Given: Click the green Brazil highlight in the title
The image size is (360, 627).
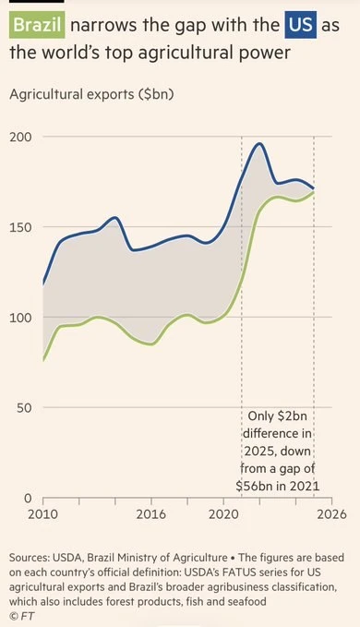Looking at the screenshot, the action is point(37,25).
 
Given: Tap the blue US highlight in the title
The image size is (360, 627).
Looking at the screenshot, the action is point(301,25).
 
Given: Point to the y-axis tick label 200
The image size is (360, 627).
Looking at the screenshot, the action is point(20,137).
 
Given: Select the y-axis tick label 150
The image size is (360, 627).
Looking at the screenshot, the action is point(20,227).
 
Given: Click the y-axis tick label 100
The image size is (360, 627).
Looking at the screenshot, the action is point(20,318).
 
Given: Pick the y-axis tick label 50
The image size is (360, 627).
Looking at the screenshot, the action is point(24,408).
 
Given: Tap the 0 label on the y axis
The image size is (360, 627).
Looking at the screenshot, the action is point(28,499).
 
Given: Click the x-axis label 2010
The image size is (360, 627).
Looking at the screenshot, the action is point(42,514).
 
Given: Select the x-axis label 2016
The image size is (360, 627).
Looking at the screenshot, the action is point(151,514).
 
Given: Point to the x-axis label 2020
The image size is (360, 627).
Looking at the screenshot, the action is point(223,514).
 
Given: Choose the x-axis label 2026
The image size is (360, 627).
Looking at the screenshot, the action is point(331,514).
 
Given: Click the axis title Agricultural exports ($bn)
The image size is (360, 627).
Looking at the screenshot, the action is point(91,95).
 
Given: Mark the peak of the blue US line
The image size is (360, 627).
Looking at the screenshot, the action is point(259,143).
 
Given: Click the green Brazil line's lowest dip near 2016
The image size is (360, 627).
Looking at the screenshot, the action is point(151,344).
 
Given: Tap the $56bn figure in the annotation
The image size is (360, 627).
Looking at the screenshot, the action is point(252,486).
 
